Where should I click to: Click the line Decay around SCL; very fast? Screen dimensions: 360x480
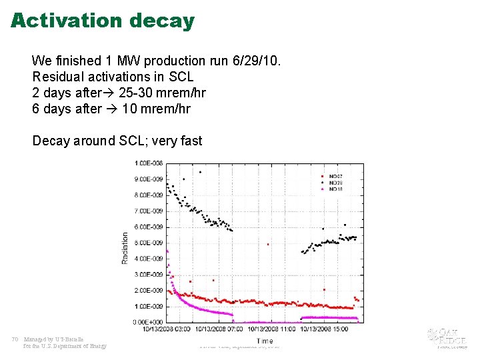[x=117, y=141]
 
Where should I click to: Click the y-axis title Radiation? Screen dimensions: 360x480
[x=125, y=247]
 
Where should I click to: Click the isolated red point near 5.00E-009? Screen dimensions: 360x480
[x=268, y=244]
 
